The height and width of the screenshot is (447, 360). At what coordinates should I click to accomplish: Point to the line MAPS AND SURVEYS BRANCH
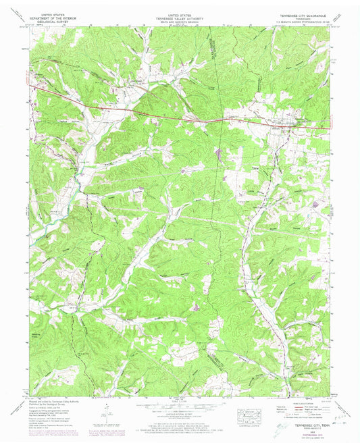click(179, 22)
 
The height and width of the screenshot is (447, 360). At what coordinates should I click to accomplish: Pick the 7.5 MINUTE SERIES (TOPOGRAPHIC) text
click(302, 19)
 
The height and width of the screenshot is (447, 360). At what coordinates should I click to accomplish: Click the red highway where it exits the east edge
click(329, 128)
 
